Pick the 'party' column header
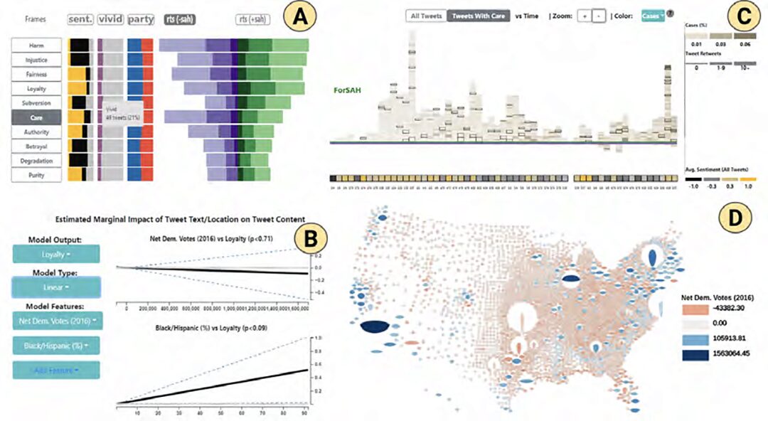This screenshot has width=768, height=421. [x=140, y=20]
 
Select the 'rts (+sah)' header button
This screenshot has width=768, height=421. [x=255, y=20]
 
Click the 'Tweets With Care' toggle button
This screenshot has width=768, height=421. [x=478, y=16]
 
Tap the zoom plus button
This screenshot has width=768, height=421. [x=582, y=16]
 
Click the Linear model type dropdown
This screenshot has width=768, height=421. [x=56, y=287]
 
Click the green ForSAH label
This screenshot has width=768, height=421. [x=348, y=90]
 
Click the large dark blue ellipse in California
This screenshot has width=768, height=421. [x=374, y=328]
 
